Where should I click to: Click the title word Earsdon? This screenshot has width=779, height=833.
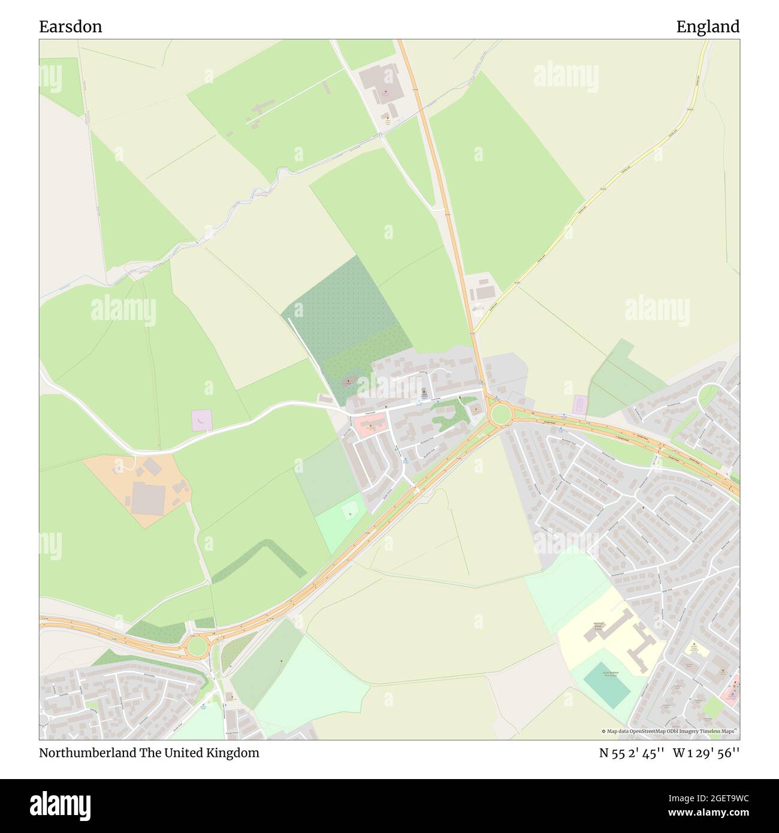[x=70, y=26]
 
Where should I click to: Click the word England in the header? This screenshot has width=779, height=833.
[x=708, y=26]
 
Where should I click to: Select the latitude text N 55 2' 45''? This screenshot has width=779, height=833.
[x=632, y=753]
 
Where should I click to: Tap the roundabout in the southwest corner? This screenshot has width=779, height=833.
[x=197, y=645]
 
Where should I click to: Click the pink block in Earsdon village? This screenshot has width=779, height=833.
[x=366, y=426]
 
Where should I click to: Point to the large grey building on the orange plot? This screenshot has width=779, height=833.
[x=147, y=497]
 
